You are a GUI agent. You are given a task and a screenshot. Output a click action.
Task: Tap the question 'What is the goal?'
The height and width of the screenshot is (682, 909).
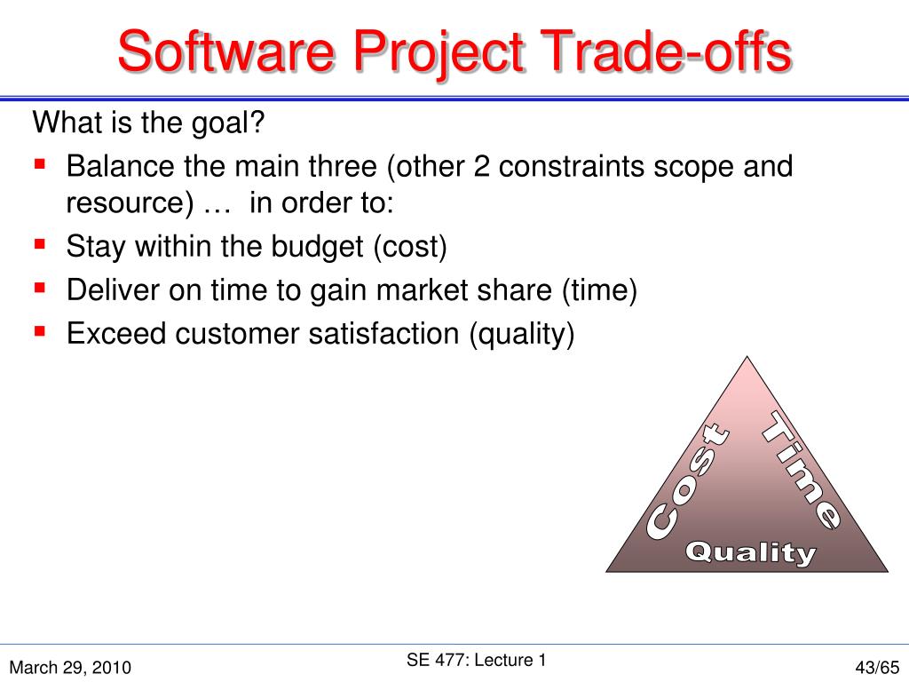(149, 123)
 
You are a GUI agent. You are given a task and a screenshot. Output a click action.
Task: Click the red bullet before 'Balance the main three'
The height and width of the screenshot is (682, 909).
(40, 164)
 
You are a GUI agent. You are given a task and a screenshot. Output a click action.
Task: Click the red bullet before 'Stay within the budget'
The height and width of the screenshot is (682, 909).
(40, 244)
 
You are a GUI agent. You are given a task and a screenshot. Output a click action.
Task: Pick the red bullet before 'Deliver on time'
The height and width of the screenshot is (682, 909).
(40, 288)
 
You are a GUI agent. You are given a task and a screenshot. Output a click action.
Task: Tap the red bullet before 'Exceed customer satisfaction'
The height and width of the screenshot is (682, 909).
(40, 331)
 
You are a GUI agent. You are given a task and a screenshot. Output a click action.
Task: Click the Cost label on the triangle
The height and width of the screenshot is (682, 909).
(688, 484)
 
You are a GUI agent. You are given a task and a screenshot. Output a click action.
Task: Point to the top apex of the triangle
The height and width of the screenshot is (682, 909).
(747, 359)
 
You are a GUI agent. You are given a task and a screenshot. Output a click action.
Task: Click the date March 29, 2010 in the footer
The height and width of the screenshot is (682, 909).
(71, 667)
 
